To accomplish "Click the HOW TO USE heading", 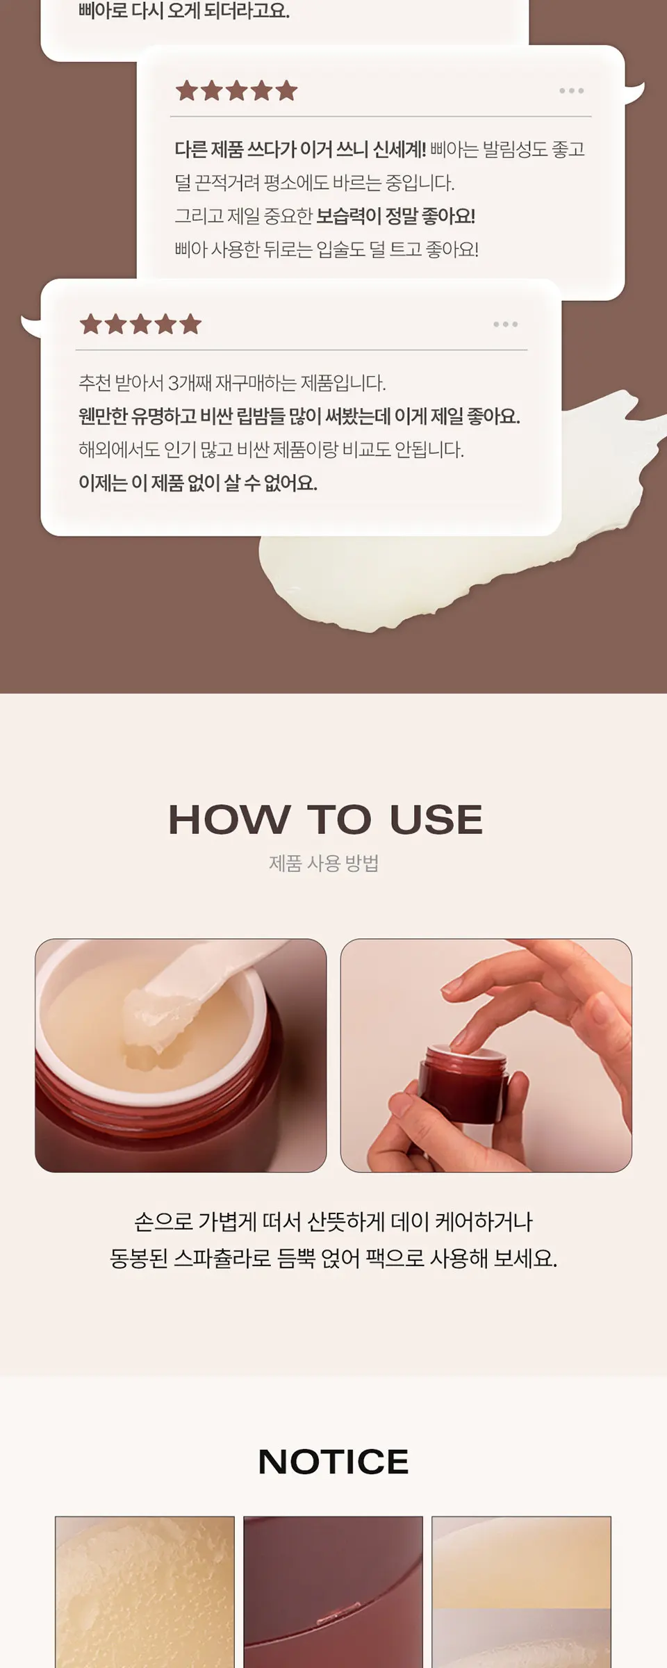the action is coord(325,819).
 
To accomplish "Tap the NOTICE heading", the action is coord(333,1462).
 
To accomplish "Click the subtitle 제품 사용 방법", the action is coord(324,863).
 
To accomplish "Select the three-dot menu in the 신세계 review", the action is coord(571,91).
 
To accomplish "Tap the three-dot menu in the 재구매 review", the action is coord(505,325).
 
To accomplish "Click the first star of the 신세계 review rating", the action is coord(186,90).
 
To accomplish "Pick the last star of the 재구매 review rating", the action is coord(190,324).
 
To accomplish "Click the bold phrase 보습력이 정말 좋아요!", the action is coord(396,216).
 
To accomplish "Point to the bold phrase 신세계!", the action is coord(400,149).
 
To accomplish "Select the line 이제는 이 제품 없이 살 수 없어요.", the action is coord(198,483).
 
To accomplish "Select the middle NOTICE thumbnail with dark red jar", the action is coord(333,1592).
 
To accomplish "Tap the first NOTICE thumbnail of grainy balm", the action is coord(145,1592).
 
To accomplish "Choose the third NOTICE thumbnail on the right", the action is coord(522,1592).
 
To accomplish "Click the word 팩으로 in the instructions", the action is coord(395,1259).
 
